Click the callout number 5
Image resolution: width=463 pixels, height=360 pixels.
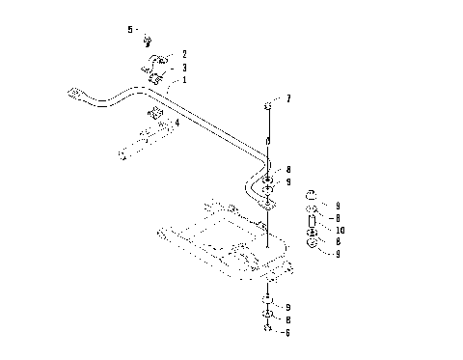coord(130,30)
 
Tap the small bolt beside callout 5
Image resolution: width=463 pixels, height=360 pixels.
coord(149,40)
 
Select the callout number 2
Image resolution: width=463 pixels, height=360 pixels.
coord(184,54)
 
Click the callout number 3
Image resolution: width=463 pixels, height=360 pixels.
coord(184,68)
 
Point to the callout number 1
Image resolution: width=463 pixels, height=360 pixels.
coord(184,80)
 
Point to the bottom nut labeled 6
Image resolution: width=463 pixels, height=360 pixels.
coord(267,329)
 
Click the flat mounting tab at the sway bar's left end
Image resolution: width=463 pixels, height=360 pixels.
coord(72,94)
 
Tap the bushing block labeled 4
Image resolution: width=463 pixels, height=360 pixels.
coord(156,119)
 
